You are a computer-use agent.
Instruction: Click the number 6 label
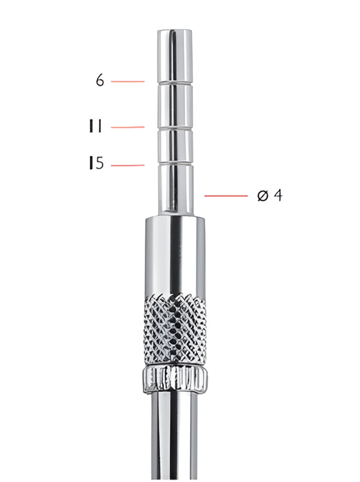99,80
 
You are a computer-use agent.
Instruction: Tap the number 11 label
95,127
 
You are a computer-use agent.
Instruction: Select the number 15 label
96,163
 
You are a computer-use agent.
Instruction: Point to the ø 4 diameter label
269,196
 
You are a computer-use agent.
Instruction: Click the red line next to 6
128,81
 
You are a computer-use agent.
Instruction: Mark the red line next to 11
128,127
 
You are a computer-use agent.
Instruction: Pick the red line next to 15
128,164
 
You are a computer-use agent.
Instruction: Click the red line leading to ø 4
226,196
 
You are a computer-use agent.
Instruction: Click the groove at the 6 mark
175,84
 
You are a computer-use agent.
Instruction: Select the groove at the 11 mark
175,128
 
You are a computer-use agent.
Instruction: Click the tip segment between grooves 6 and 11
175,106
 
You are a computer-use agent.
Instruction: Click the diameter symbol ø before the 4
262,196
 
